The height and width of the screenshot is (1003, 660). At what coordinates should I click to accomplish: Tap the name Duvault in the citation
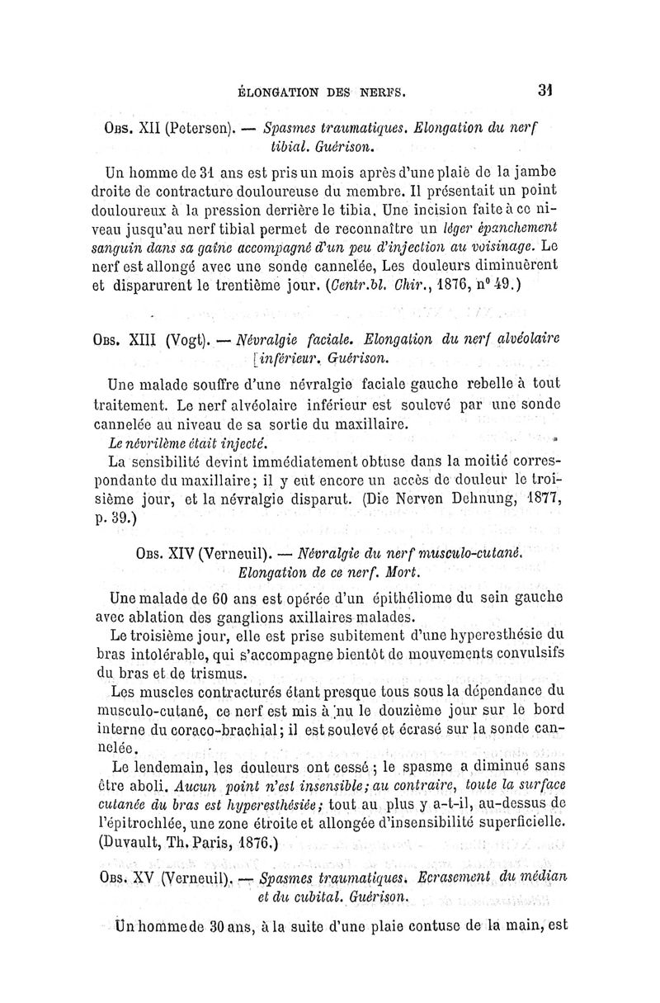tap(143, 841)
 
